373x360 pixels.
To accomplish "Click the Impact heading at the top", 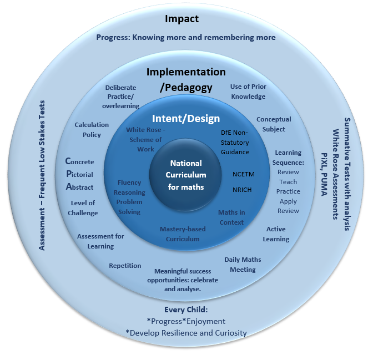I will tap(182, 19).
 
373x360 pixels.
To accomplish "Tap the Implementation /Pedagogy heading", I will tap(186, 79).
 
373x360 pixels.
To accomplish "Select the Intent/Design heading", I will tap(186, 118).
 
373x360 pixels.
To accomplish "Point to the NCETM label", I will tap(243, 174).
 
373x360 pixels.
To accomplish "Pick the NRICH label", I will tap(242, 190).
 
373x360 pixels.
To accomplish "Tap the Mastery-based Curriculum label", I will tap(179, 234).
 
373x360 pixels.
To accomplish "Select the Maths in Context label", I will tap(231, 217).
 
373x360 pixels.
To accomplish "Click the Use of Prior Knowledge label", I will tap(248, 92).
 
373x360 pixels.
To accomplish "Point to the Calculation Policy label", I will tap(92, 130).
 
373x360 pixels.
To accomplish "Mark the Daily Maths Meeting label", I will tap(243, 265).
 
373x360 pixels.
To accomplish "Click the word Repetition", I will tap(125, 266).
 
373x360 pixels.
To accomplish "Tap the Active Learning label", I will tap(276, 234).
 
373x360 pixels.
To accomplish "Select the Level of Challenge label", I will tap(83, 208).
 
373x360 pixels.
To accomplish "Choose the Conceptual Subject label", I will tap(274, 124).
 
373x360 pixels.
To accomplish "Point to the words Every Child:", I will tap(185, 310).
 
